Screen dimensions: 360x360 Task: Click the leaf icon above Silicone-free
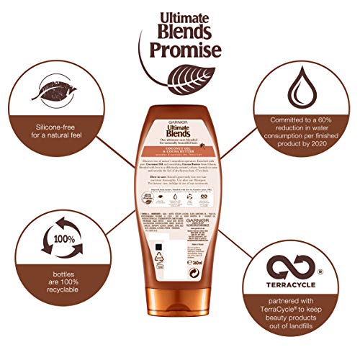coord(50,98)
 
